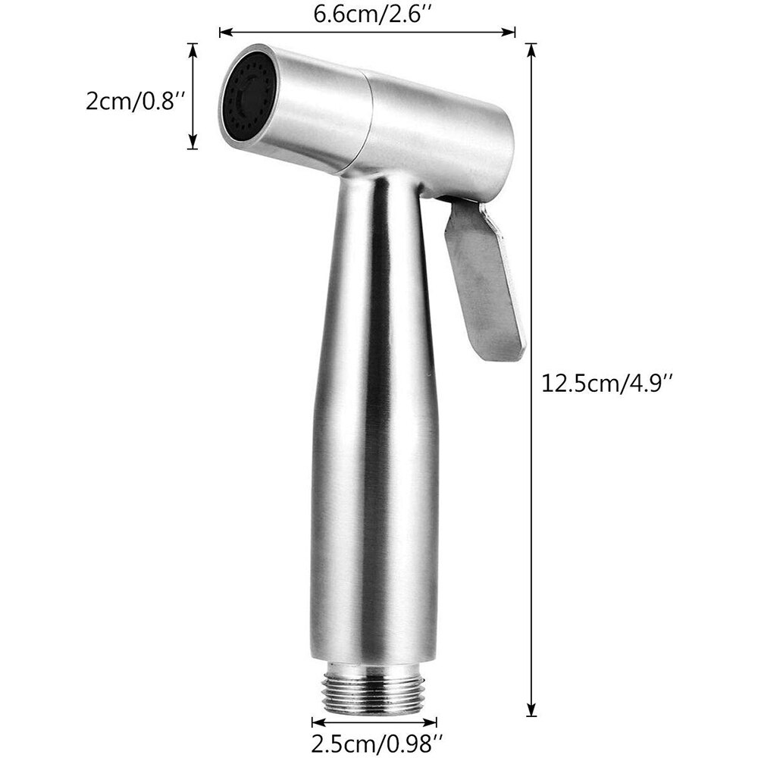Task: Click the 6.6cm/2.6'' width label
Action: tap(368, 13)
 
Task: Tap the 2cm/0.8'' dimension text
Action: tap(136, 101)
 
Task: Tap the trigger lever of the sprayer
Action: tap(484, 280)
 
